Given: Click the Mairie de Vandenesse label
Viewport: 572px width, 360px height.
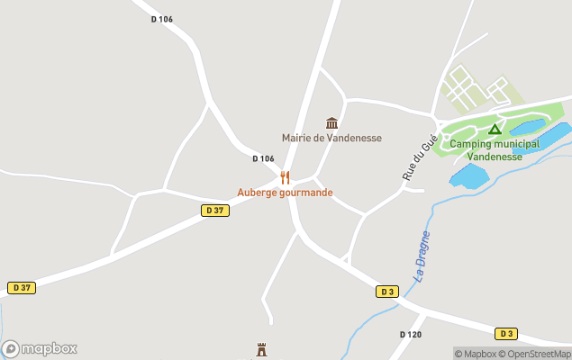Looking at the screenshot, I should point(331,138).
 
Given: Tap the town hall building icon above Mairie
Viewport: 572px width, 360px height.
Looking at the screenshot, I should point(331,122).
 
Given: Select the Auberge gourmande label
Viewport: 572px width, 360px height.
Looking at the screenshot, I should point(285,193).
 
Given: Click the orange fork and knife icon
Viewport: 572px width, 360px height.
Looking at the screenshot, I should point(285,177).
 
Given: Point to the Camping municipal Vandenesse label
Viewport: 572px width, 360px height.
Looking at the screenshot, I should point(494,149).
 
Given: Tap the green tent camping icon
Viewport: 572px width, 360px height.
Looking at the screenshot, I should point(494,130).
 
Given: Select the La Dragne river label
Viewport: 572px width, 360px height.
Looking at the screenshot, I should point(422,256).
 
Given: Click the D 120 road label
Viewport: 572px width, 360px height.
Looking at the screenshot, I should point(410,335).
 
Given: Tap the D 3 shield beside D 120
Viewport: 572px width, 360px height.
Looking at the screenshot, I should point(386,292).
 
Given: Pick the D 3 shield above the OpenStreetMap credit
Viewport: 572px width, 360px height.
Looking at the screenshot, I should point(507,334).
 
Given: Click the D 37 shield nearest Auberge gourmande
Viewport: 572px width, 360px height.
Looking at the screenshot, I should point(213,211).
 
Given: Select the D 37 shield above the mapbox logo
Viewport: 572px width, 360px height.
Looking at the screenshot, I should point(22,288).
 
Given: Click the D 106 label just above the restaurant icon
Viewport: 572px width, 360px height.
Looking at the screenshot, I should point(263,159).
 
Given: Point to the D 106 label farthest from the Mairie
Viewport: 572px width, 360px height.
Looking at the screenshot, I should point(161,20).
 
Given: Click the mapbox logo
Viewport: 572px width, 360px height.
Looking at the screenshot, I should point(40,348).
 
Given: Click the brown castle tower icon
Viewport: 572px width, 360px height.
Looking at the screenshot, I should point(263,348).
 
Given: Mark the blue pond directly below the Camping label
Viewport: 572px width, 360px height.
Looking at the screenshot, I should point(468,175).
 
